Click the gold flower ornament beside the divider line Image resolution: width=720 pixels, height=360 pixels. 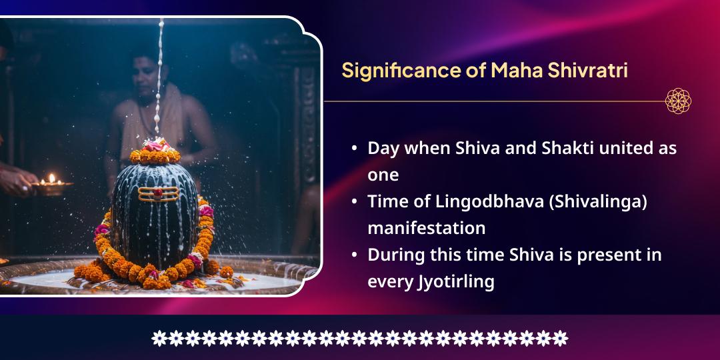678,101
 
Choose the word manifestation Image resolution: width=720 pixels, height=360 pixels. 426,228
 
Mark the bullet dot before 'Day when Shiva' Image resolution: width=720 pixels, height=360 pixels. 354,149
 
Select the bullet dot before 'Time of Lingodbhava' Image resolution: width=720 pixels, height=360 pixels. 354,202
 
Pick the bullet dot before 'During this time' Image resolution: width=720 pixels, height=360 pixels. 354,255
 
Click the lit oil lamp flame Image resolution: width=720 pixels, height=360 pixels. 51,178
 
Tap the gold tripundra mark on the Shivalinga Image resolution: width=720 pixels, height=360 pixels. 159,194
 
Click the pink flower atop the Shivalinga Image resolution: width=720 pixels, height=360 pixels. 155,145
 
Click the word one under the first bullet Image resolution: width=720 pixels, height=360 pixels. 383,175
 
